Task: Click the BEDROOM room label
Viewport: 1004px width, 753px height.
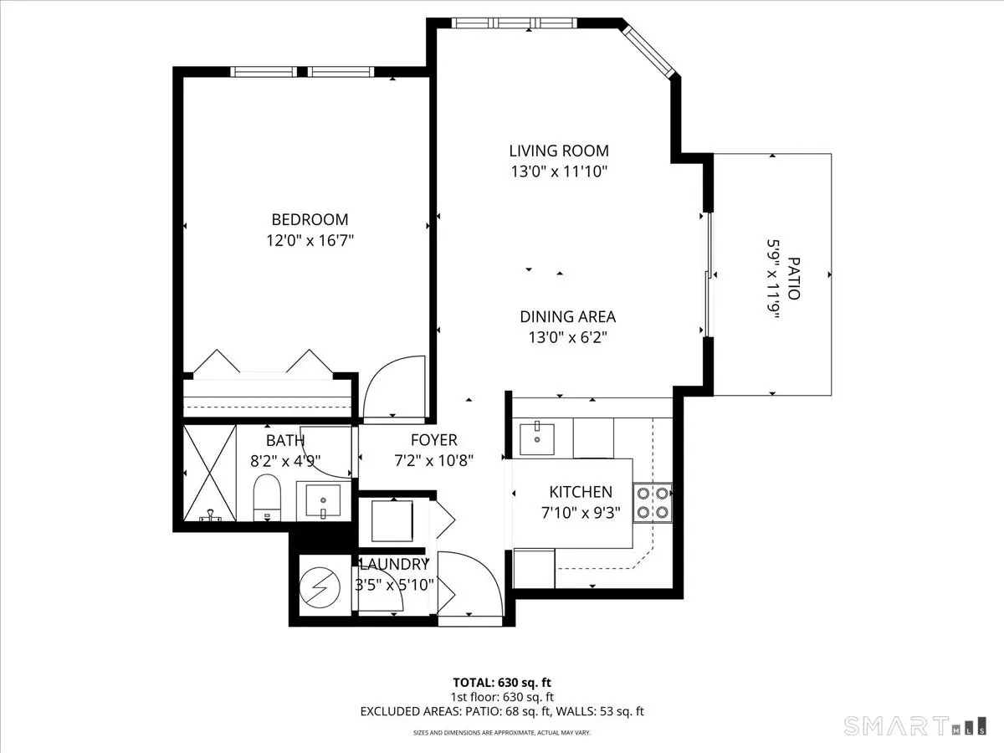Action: coord(310,220)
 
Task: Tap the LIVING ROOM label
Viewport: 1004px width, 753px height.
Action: coord(559,151)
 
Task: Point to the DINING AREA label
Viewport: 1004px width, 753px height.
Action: coord(567,317)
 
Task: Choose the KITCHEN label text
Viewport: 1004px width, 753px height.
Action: coord(580,493)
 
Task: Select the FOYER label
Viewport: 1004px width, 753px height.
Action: coord(433,441)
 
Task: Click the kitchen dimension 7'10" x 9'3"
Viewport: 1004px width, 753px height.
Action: coord(580,513)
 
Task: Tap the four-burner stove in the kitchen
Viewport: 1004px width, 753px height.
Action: coord(652,502)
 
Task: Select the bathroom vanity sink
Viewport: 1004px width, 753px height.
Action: coord(323,502)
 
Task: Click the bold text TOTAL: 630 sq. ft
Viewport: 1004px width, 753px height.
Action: coord(501,682)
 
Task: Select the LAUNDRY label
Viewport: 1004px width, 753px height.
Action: coord(393,565)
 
